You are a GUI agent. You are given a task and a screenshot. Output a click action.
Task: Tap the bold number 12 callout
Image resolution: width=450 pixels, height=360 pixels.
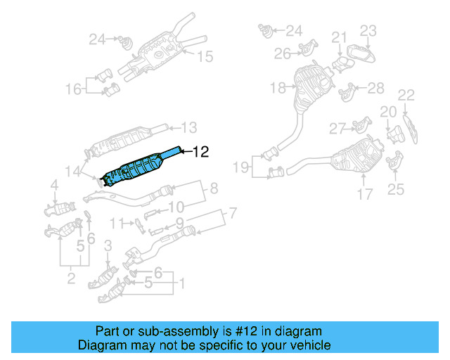click(x=200, y=151)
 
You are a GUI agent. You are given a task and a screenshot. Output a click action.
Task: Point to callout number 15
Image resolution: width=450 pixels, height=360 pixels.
click(x=204, y=57)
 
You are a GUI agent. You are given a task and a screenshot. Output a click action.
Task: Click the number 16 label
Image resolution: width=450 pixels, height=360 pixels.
click(x=74, y=89)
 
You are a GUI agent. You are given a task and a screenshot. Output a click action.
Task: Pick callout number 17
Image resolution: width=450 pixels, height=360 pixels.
click(x=364, y=194)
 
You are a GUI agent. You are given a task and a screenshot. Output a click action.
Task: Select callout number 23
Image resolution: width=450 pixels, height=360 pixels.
click(x=368, y=30)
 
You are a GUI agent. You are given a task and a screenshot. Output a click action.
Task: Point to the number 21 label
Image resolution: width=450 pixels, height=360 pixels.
click(x=340, y=37)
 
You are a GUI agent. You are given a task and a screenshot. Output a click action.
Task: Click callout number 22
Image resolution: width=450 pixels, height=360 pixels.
click(x=406, y=94)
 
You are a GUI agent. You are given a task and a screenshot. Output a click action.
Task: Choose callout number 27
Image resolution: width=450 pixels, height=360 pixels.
click(x=337, y=128)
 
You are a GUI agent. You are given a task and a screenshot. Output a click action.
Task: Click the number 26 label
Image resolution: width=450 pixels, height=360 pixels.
click(x=283, y=53)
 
